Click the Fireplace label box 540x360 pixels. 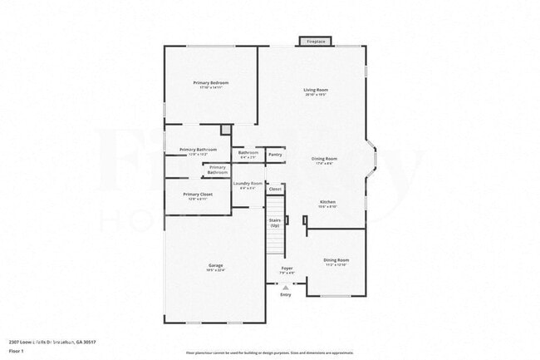coord(316,41)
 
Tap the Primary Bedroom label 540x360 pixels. coord(211,83)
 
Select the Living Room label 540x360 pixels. coord(315,90)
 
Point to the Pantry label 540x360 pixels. coord(275,154)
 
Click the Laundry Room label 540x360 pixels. coord(248,183)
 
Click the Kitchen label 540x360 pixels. coord(327,202)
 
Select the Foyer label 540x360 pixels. coord(286,268)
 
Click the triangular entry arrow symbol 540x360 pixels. coord(286,286)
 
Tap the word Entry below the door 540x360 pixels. coord(286,294)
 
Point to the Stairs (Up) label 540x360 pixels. coord(273,224)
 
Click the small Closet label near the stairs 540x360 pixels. coord(275,190)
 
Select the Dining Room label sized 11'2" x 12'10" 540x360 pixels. coord(336,260)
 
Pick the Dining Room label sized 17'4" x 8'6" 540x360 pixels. coord(324,158)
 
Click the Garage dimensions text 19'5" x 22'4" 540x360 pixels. coord(215,270)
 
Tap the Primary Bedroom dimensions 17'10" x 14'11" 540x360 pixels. coord(211,87)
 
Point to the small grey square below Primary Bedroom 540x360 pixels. coord(225,130)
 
